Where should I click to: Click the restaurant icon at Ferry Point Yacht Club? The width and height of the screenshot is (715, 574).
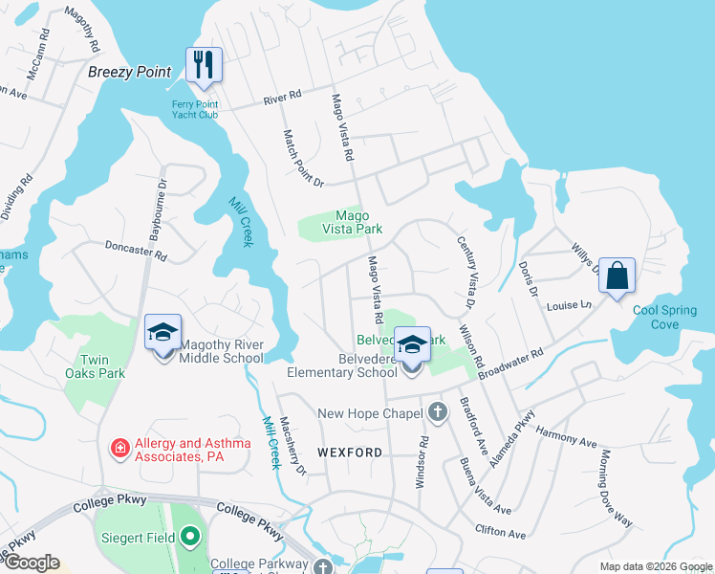(204, 65)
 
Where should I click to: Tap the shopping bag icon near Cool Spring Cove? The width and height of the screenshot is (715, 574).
(617, 276)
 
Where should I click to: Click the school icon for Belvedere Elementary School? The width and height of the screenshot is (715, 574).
(413, 344)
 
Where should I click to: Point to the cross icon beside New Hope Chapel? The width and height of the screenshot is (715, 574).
(437, 413)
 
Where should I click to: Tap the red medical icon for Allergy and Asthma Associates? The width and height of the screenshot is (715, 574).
(120, 448)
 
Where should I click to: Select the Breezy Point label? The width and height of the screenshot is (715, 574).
(130, 72)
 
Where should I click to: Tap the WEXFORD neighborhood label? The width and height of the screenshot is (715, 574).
(350, 452)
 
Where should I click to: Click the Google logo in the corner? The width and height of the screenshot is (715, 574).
(31, 563)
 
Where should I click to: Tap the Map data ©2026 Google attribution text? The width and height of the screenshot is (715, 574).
(656, 566)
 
